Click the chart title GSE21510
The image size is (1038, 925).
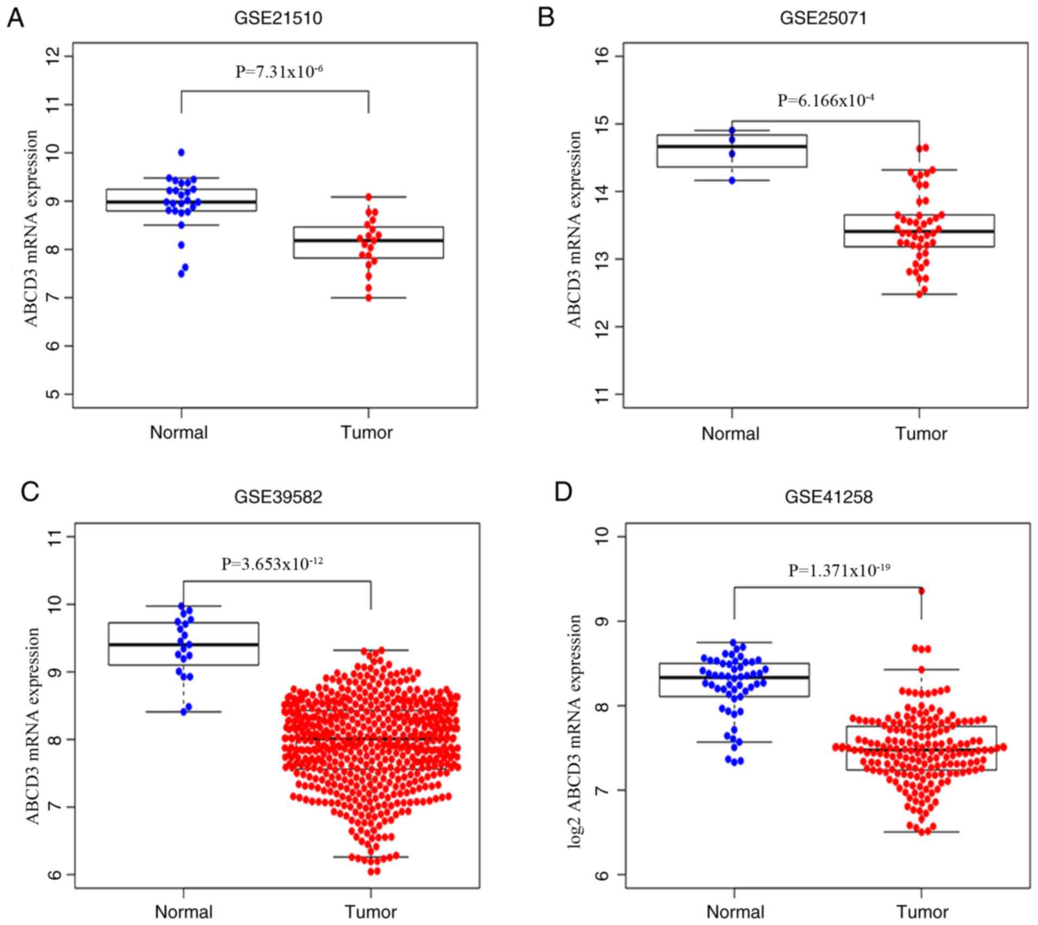click(278, 18)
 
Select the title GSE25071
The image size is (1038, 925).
click(823, 18)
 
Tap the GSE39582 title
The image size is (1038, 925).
click(278, 497)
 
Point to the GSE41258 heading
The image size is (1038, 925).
click(829, 497)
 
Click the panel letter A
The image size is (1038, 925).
click(15, 18)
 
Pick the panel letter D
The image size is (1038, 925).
click(563, 492)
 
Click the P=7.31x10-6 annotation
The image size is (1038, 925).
click(279, 72)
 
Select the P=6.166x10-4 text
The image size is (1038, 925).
click(825, 100)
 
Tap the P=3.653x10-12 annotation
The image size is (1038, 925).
click(272, 564)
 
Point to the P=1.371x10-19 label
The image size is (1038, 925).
click(839, 570)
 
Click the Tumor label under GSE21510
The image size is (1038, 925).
click(366, 433)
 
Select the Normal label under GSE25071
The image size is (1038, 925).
click(730, 434)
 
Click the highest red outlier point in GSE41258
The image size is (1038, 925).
click(921, 591)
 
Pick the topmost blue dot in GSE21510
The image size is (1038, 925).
click(181, 152)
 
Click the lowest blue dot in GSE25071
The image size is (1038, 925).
click(732, 181)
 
